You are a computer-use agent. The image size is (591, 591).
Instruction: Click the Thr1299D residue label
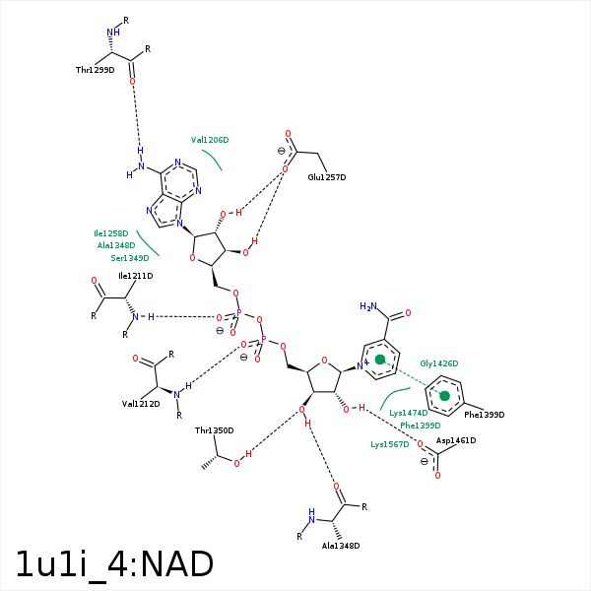point(95,70)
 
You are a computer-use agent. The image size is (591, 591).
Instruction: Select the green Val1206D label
point(210,140)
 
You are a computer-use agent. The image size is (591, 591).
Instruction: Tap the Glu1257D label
point(327,177)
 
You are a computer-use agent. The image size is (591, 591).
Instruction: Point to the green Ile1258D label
point(111,233)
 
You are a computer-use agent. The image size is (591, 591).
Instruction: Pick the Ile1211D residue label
point(135,276)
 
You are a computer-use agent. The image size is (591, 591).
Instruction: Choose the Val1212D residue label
point(141,404)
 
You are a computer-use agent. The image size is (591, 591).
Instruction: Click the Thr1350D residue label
point(214,430)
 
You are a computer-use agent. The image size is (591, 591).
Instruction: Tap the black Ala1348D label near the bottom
point(341,545)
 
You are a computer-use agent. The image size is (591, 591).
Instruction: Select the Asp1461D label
point(456,440)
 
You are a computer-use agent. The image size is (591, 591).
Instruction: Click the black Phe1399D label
point(484,415)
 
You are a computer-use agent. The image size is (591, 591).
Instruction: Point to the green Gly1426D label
point(439,363)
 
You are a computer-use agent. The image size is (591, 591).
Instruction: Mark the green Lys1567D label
point(389,444)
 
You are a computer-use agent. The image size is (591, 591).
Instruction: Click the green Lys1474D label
point(409,413)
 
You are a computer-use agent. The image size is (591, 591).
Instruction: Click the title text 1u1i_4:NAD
point(114,564)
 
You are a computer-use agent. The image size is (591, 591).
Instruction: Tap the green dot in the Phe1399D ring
point(444,396)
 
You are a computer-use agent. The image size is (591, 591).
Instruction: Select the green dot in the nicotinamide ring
point(380,360)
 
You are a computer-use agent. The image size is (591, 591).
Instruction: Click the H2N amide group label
point(368,306)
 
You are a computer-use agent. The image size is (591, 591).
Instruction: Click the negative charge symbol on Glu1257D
point(281,151)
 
